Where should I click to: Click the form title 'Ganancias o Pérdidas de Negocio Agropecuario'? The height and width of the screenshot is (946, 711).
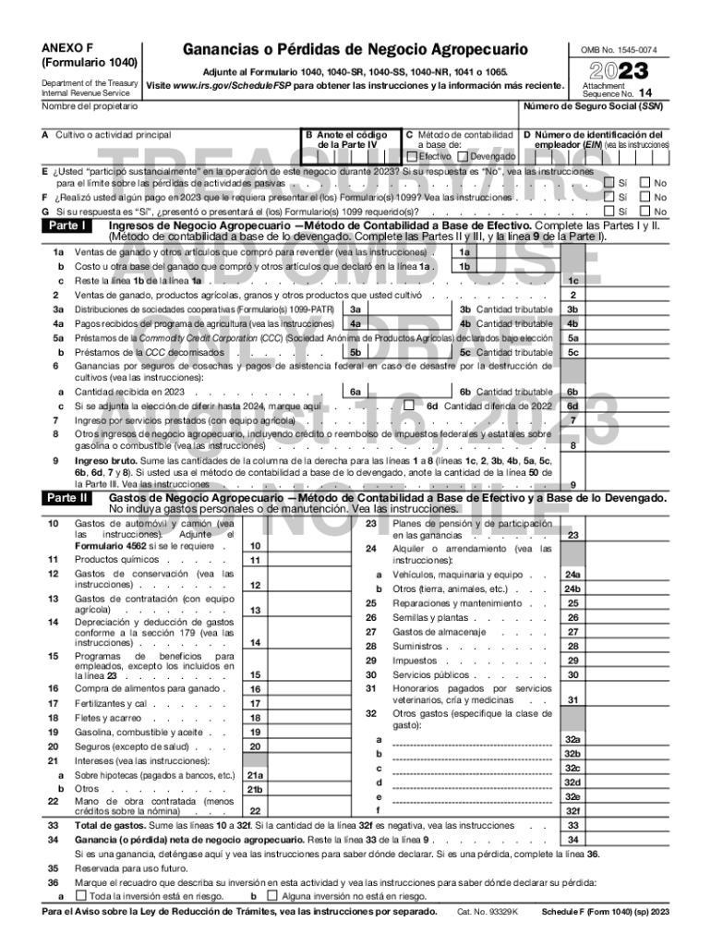[355, 49]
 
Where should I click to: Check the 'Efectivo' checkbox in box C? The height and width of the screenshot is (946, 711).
[413, 156]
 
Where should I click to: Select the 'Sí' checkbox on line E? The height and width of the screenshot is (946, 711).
[608, 183]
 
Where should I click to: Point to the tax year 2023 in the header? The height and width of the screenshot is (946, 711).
[613, 71]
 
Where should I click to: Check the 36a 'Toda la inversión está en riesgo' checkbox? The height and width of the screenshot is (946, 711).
[80, 896]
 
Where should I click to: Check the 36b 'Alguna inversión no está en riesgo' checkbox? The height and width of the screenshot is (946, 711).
[271, 896]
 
